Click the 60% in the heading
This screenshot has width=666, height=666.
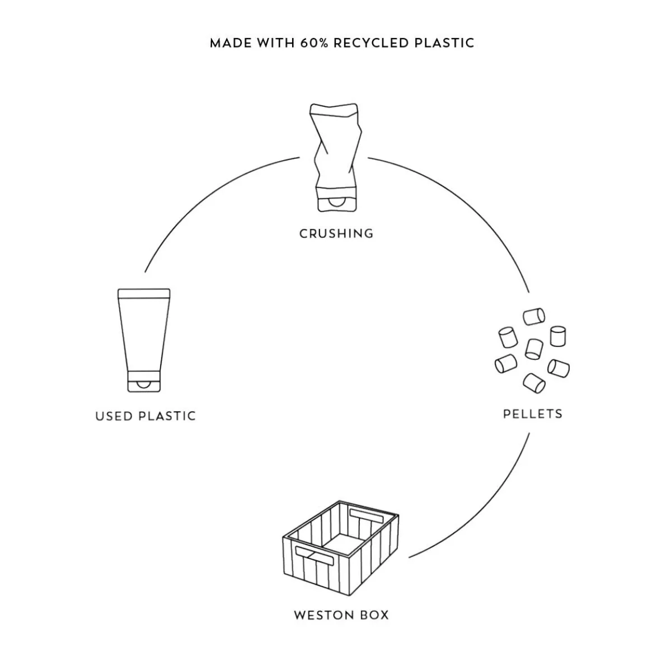(x=314, y=43)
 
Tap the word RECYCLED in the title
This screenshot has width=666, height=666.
(x=371, y=43)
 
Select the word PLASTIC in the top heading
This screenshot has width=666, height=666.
(x=444, y=43)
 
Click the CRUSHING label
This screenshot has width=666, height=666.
(x=336, y=233)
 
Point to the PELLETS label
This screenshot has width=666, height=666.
(x=533, y=414)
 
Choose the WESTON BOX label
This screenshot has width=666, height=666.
(x=341, y=615)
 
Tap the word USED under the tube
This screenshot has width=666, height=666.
(x=114, y=416)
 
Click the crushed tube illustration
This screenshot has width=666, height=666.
(x=336, y=157)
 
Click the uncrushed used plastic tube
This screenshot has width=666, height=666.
(x=144, y=340)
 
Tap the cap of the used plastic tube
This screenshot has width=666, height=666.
(x=144, y=382)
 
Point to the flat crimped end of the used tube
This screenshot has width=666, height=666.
(x=144, y=293)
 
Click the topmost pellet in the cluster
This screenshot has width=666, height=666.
(x=534, y=316)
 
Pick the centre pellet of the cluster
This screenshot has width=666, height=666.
(x=534, y=349)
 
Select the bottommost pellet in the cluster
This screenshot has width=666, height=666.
(x=534, y=383)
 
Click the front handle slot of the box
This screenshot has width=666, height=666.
(x=315, y=556)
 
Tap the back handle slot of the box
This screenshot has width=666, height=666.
(x=366, y=515)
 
